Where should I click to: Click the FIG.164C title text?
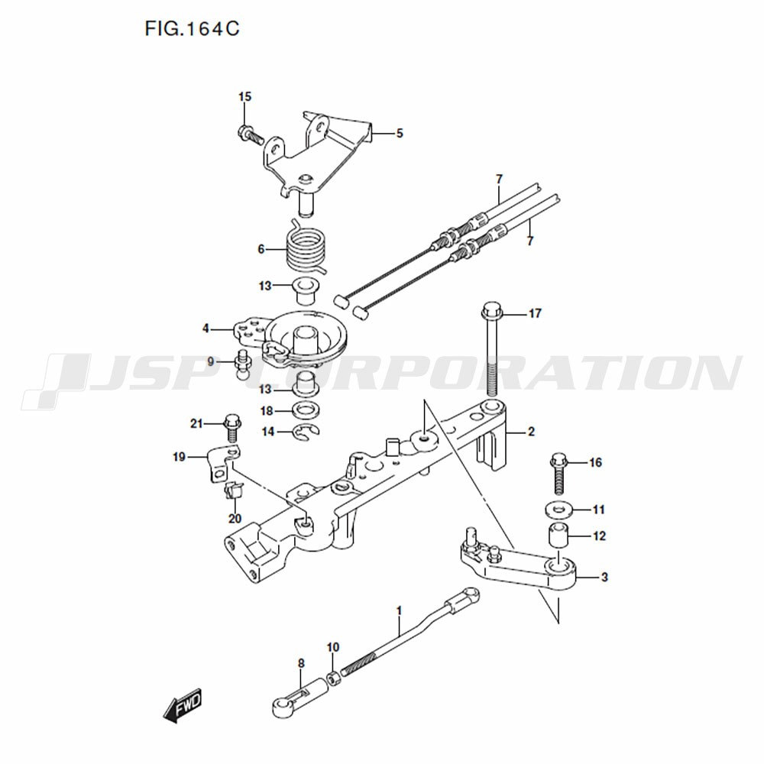click(x=192, y=29)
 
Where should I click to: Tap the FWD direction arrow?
click(x=182, y=704)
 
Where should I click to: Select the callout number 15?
click(x=244, y=96)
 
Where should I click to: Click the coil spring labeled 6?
click(x=306, y=248)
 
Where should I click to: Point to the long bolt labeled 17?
click(x=492, y=351)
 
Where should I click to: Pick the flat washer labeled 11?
click(x=558, y=510)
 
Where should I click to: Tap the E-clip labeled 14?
click(x=306, y=432)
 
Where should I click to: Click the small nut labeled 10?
click(x=333, y=678)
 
